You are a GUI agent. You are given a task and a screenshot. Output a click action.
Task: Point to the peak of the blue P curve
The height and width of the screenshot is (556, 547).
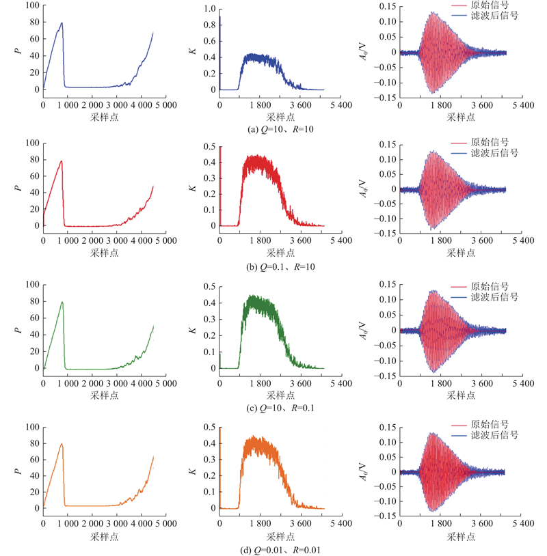pos(62,23)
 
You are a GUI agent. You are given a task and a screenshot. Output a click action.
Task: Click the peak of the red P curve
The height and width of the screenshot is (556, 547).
pos(62,162)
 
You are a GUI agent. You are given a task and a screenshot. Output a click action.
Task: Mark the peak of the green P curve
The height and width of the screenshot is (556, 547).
pos(62,303)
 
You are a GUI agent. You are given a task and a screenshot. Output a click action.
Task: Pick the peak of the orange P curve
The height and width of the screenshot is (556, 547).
pos(62,444)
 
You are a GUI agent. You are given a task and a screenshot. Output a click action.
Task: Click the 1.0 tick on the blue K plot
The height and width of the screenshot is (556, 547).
pos(211,8)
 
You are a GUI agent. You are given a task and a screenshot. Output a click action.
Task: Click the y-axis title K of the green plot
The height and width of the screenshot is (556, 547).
pos(194,330)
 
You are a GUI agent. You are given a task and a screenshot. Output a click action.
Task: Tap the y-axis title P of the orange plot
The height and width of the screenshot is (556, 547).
pos(18,470)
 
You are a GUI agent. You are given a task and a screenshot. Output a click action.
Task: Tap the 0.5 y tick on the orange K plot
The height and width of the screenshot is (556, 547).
pos(211,427)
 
